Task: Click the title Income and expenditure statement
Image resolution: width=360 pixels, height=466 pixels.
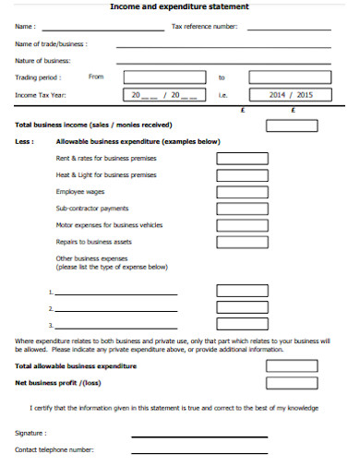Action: click(179, 7)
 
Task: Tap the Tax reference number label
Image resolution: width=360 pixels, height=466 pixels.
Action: click(205, 27)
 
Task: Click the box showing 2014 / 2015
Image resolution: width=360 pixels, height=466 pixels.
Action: click(291, 94)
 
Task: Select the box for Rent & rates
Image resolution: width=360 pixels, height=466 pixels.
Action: click(242, 158)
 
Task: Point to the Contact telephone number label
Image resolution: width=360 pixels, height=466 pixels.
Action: click(54, 449)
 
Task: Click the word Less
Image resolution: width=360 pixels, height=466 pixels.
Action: click(24, 142)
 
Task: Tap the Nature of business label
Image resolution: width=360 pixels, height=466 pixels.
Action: click(37, 60)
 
